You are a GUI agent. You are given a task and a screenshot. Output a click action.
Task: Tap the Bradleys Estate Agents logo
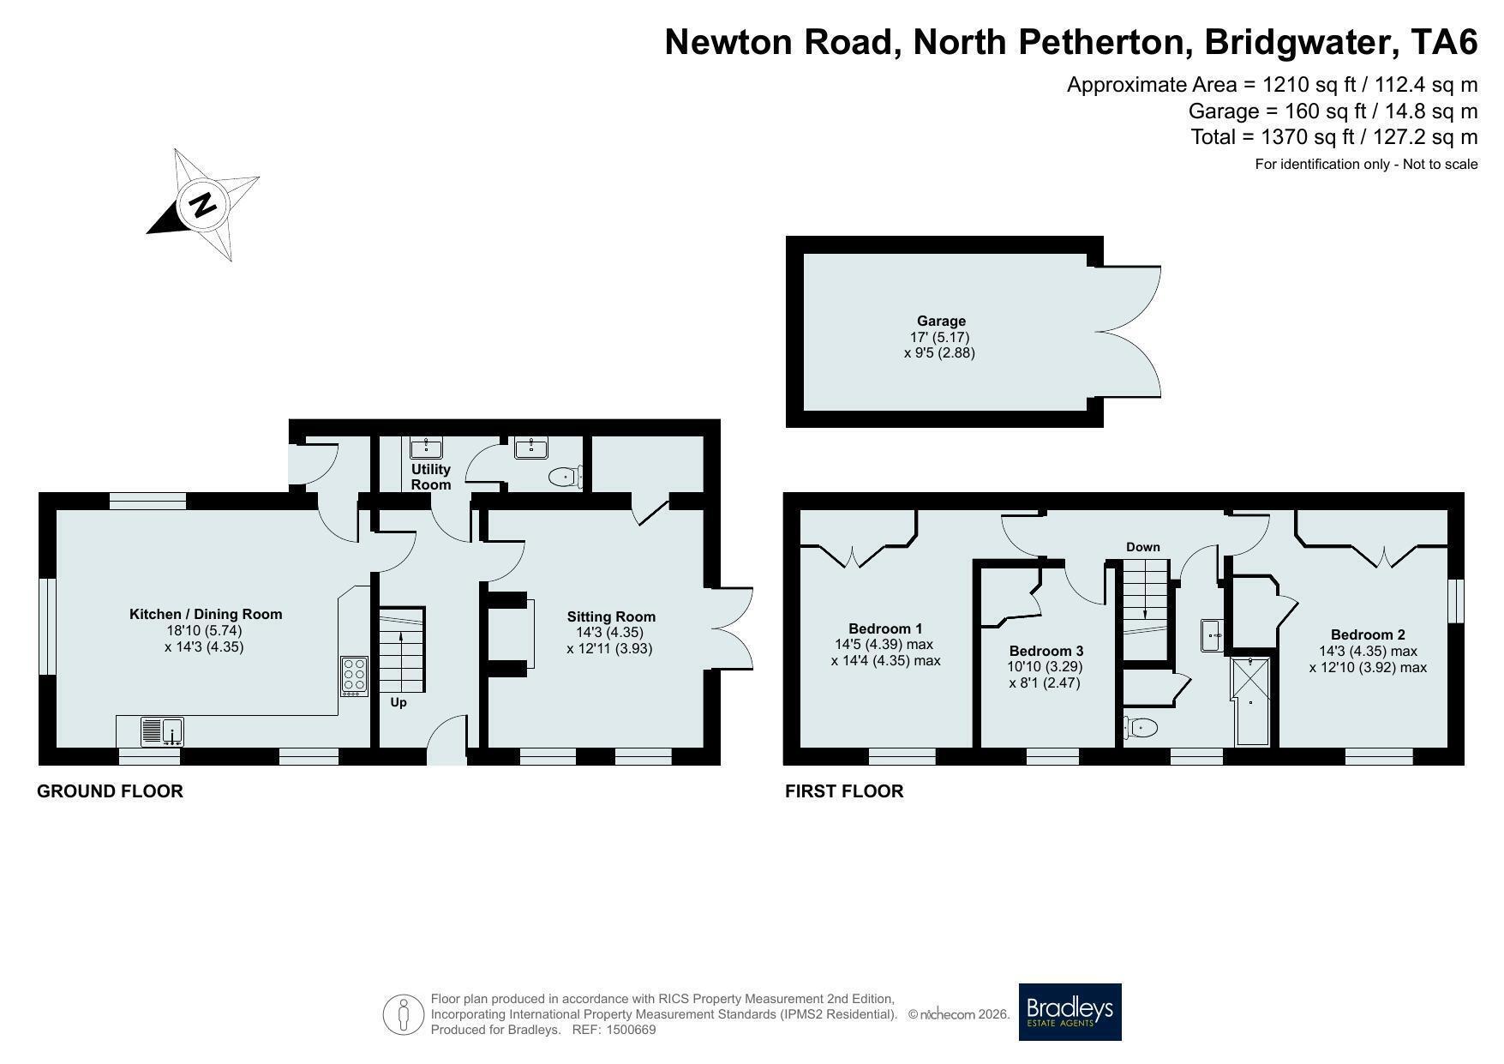[1070, 1012]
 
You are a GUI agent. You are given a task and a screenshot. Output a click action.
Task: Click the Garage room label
[941, 322]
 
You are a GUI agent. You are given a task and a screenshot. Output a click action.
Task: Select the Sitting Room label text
[611, 616]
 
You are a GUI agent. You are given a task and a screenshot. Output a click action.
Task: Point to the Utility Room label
[430, 477]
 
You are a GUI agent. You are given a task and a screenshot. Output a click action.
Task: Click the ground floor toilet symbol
[566, 477]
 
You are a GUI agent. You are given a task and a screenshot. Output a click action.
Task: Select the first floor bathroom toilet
[1141, 728]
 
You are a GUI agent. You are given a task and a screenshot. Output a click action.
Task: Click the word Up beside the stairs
[398, 702]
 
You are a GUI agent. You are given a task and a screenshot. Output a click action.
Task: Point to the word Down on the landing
[1143, 547]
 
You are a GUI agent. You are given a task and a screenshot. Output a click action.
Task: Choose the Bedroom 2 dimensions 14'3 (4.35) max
[1368, 651]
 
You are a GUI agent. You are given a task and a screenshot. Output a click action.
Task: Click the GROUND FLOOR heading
[110, 791]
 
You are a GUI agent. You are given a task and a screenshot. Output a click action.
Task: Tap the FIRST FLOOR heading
[844, 791]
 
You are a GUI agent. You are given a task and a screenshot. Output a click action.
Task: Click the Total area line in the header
[1334, 136]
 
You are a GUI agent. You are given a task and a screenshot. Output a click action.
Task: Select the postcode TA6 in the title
[1445, 41]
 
